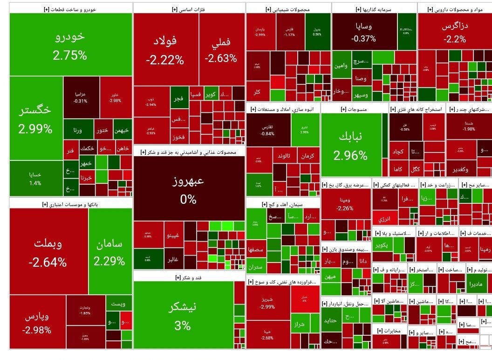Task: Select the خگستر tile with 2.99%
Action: tap(36, 119)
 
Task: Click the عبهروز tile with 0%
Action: tap(189, 189)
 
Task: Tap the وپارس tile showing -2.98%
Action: tap(37, 322)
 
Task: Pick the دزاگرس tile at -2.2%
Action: tap(454, 32)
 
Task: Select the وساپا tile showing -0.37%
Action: tap(364, 32)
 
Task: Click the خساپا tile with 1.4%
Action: tap(35, 179)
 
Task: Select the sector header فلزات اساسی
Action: tap(189, 8)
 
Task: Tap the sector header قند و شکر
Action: tap(183, 277)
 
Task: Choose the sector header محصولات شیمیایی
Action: tap(288, 8)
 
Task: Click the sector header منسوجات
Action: tap(354, 109)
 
